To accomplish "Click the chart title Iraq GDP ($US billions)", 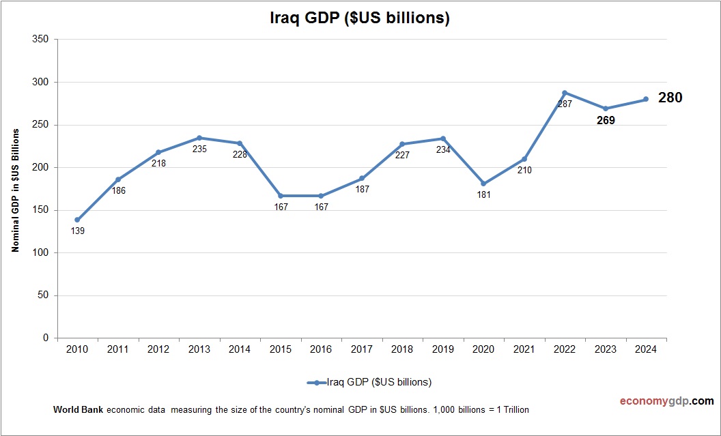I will pyautogui.click(x=360, y=18).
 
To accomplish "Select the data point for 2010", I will pyautogui.click(x=77, y=220).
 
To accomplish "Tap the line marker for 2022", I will pyautogui.click(x=565, y=93).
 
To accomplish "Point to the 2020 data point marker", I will pyautogui.click(x=483, y=184).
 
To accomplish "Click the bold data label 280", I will pyautogui.click(x=670, y=98).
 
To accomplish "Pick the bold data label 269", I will pyautogui.click(x=605, y=120).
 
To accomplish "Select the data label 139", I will pyautogui.click(x=77, y=231).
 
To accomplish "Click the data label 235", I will pyautogui.click(x=199, y=149).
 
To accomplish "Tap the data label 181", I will pyautogui.click(x=483, y=194).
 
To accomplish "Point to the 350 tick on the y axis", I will pyautogui.click(x=40, y=40).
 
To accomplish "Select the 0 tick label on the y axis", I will pyautogui.click(x=46, y=338).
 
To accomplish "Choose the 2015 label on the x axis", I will pyautogui.click(x=281, y=349).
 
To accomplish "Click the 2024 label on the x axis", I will pyautogui.click(x=646, y=349).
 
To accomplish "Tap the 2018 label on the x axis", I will pyautogui.click(x=402, y=349).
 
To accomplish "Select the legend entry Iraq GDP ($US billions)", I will pyautogui.click(x=369, y=381).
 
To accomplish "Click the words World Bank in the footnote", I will pyautogui.click(x=78, y=409).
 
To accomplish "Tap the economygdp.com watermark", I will pyautogui.click(x=657, y=401).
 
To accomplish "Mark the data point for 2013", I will pyautogui.click(x=199, y=138).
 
